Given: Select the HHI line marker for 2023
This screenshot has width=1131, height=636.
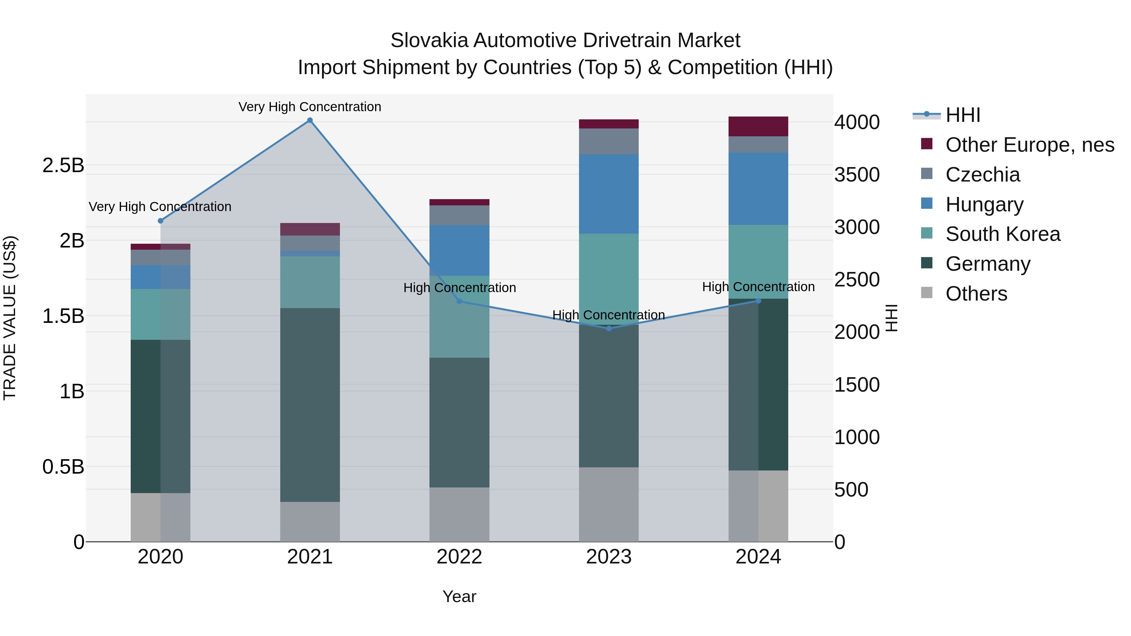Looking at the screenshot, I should (x=609, y=328).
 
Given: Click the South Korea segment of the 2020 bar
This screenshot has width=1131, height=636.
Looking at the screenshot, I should (x=160, y=314).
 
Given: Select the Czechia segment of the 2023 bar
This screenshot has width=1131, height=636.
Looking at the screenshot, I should (x=609, y=141).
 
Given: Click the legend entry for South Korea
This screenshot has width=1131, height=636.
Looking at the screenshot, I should (x=1003, y=234).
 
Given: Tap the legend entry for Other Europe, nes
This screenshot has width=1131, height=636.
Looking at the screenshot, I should (x=1030, y=145).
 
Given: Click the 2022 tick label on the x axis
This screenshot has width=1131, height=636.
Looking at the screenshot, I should (x=459, y=557).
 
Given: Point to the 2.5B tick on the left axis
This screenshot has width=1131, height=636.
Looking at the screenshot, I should (x=63, y=166).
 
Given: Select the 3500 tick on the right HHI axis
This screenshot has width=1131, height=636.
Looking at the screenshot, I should (x=857, y=175).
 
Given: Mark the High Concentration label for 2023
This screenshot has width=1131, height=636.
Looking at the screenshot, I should (x=609, y=315).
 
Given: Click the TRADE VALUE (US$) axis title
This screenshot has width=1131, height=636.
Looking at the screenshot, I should (x=10, y=318).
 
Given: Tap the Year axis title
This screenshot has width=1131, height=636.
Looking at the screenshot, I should (x=459, y=596).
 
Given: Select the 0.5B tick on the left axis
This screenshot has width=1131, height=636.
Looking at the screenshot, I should (x=63, y=467).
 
